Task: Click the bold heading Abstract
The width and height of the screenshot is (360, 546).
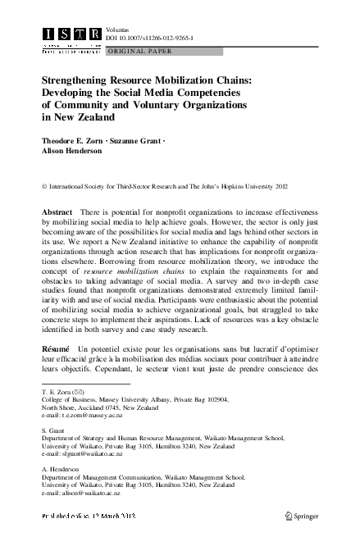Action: [x=57, y=212]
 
